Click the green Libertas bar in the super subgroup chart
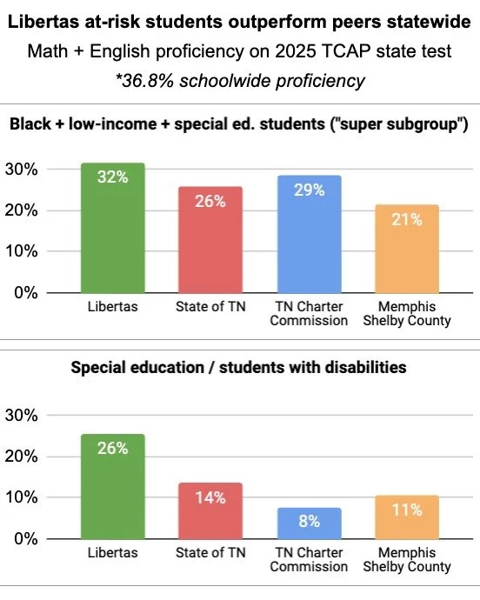coord(112,228)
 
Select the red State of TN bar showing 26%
coord(210,240)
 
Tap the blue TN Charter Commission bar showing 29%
coord(309,234)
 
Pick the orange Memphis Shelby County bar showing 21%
coord(406,249)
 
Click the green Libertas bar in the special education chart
coord(112,486)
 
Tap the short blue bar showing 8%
coord(309,523)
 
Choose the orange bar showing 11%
coord(406,517)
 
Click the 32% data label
coord(112,177)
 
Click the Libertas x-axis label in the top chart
coord(112,307)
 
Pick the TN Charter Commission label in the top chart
coord(309,313)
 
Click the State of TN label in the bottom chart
coord(210,553)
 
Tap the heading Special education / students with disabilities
coord(239,368)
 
